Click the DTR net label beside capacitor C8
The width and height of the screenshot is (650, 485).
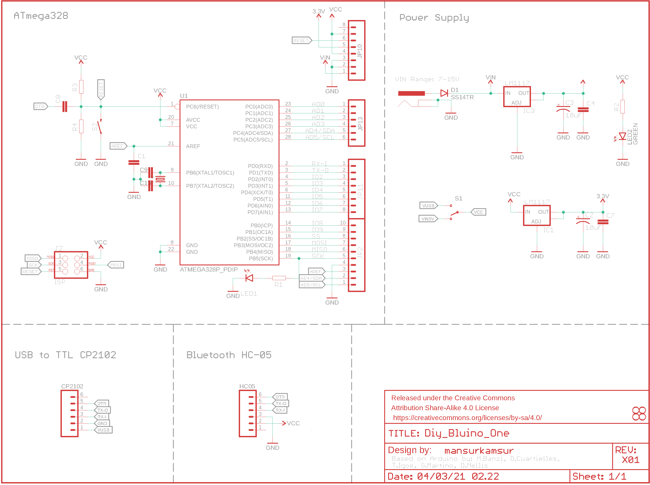40,107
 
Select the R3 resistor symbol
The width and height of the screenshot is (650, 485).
81,87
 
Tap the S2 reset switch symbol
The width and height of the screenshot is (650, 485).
100,127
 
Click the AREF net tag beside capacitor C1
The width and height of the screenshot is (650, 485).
118,146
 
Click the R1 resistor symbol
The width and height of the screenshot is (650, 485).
279,278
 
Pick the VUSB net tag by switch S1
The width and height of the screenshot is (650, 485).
428,206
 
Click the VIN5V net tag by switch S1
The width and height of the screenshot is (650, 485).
428,219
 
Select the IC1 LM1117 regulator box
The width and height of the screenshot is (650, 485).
536,216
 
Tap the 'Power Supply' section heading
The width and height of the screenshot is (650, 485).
434,18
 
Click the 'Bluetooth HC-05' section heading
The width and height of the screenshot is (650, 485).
229,355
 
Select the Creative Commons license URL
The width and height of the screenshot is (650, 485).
467,418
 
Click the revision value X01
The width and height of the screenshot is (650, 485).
630,460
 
